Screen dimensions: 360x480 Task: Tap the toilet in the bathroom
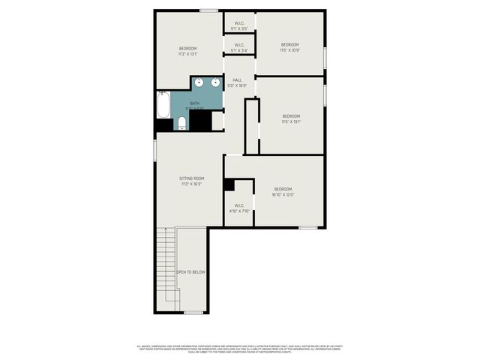click(181, 123)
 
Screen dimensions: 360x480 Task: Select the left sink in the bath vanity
click(199, 82)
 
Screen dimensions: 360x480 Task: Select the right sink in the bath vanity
click(215, 82)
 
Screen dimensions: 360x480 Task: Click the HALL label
click(237, 80)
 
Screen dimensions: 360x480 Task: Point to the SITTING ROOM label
click(190, 178)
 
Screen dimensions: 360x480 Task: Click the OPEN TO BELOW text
click(190, 272)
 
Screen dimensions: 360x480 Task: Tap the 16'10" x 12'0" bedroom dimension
click(283, 194)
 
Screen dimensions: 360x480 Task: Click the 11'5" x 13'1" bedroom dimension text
click(291, 121)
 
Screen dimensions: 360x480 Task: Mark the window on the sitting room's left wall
click(155, 148)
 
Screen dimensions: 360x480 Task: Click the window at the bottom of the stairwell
click(193, 312)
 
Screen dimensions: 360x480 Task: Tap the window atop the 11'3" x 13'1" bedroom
click(208, 10)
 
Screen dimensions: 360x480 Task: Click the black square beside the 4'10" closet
click(229, 184)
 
